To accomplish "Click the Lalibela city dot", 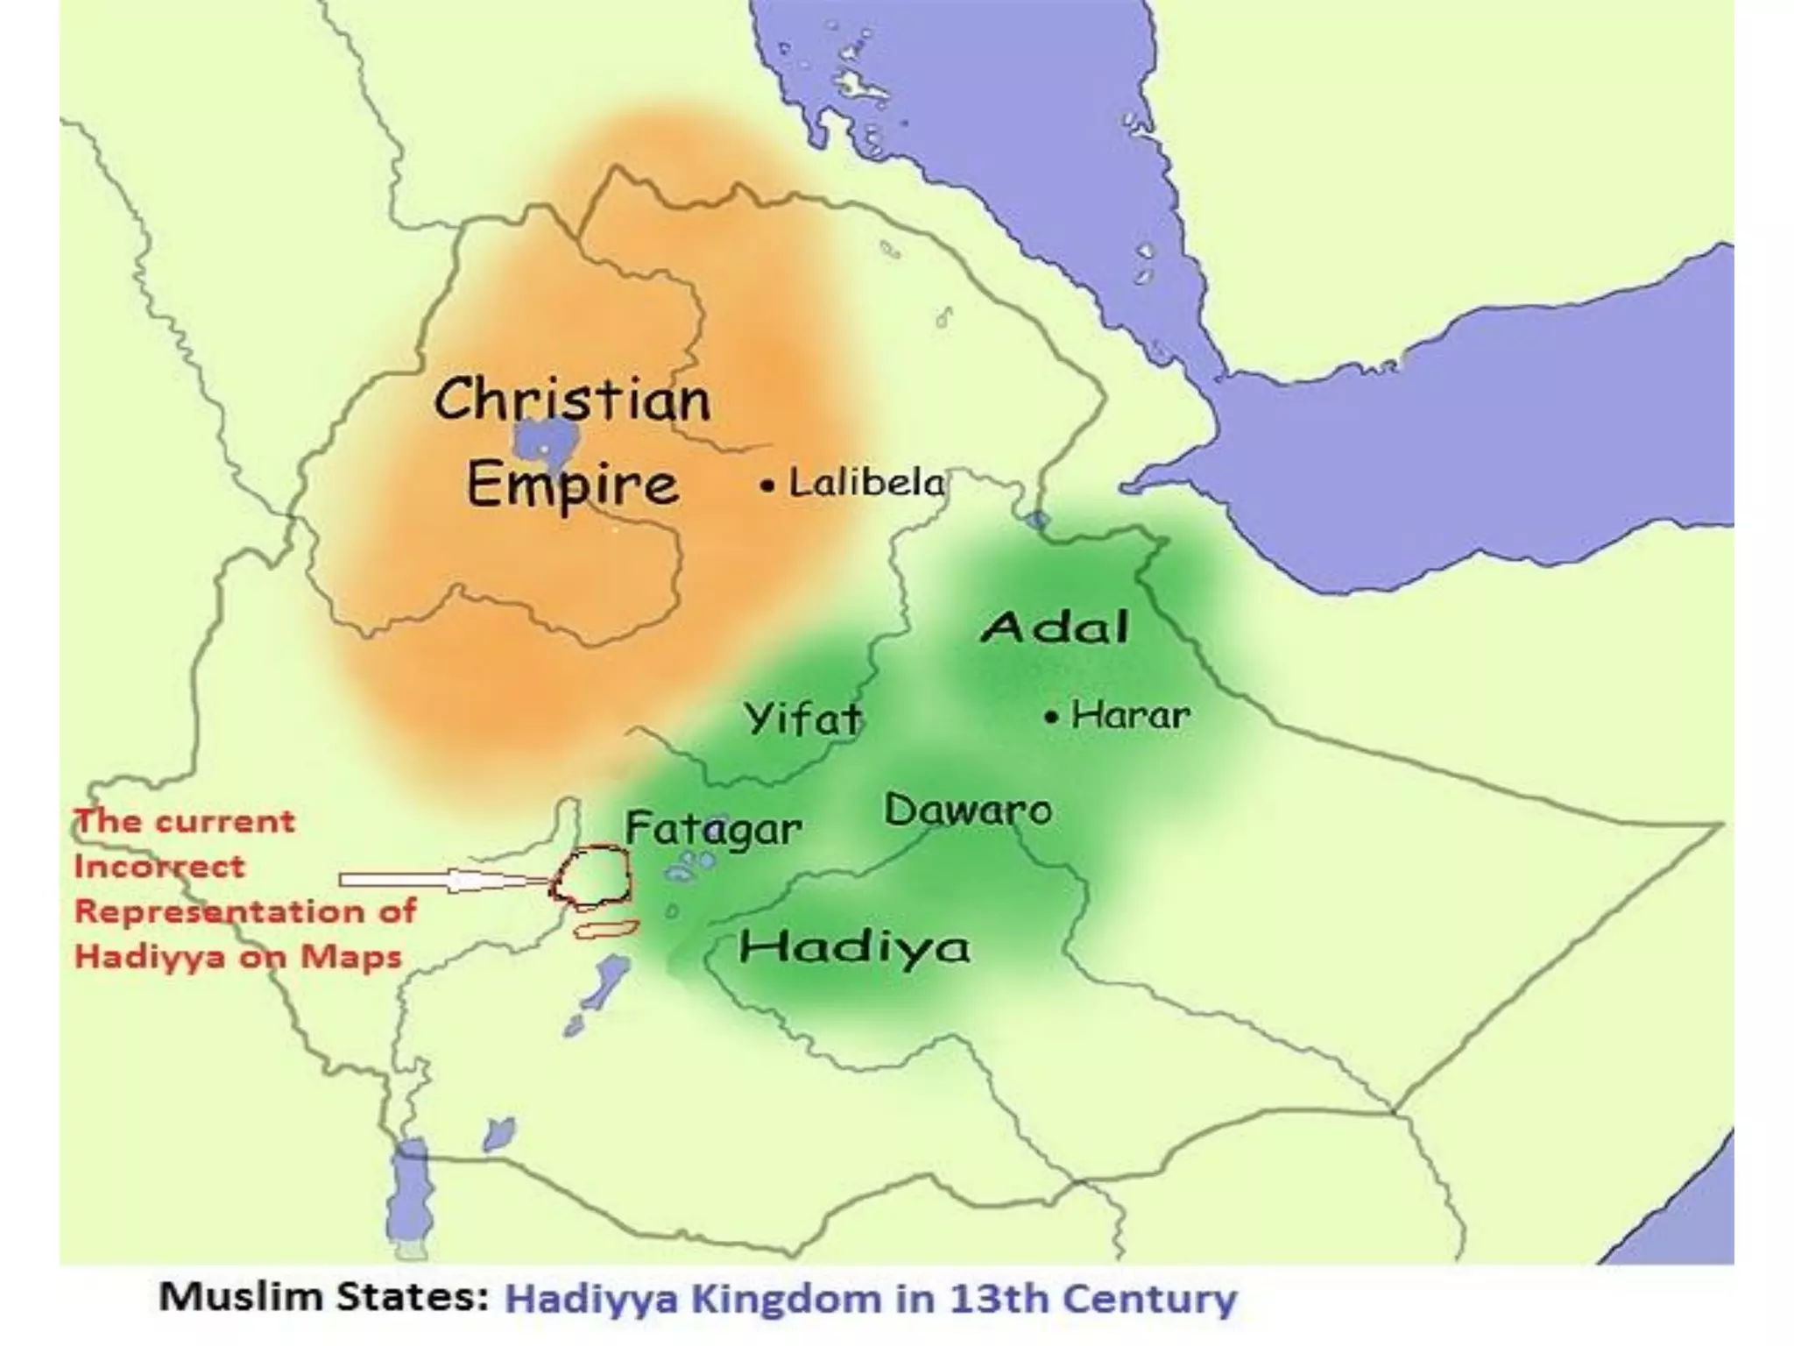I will [767, 485].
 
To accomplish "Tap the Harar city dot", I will [1051, 718].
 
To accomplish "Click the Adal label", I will [1055, 627].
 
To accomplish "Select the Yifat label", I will [803, 719].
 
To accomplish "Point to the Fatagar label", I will [713, 828].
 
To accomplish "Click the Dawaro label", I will [968, 810].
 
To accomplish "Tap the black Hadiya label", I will [854, 947].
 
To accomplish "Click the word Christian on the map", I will [572, 400].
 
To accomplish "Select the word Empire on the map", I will [572, 485].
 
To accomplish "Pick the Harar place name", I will [1130, 716].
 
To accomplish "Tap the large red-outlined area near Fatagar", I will [593, 875].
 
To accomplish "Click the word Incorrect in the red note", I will [159, 867].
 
